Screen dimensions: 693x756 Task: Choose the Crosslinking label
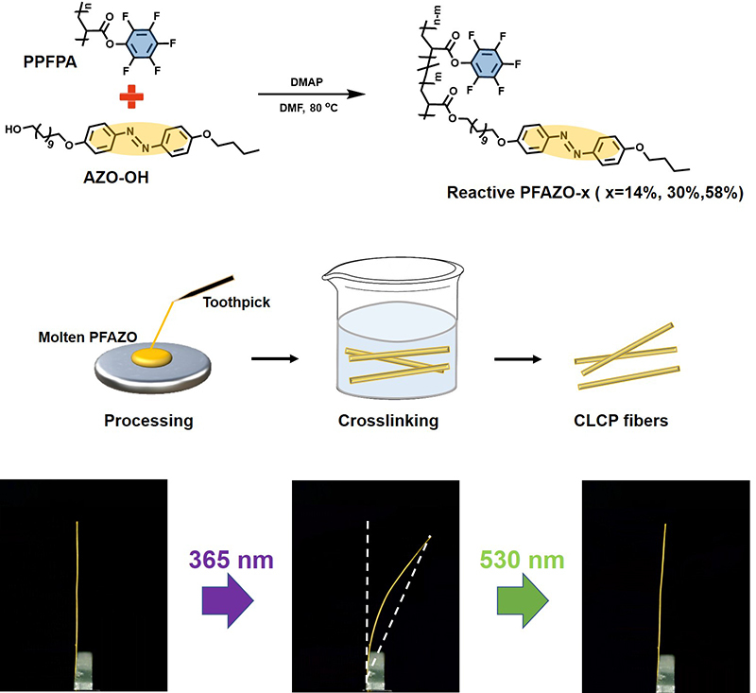(387, 419)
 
